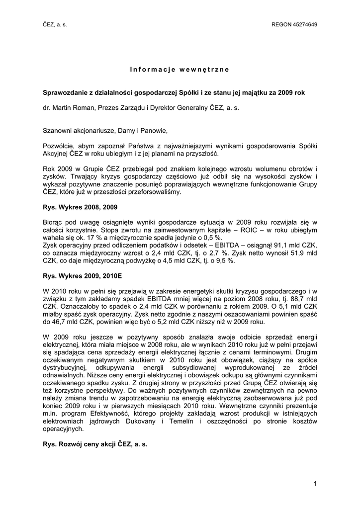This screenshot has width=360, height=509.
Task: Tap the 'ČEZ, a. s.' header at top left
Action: click(54, 25)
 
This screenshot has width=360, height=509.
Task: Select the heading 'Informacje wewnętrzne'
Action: click(180, 69)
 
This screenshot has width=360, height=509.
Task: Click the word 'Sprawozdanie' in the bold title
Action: click(66, 93)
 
